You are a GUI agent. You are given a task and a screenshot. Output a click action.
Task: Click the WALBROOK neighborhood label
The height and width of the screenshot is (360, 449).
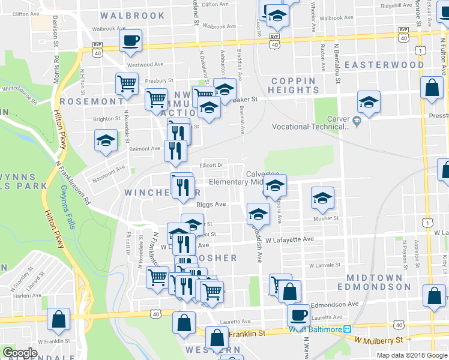click(x=133, y=15)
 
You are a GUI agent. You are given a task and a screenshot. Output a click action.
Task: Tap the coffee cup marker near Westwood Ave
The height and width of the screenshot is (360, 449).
click(x=130, y=41)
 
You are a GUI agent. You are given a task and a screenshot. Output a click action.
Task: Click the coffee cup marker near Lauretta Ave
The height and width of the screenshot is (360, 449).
click(x=298, y=315)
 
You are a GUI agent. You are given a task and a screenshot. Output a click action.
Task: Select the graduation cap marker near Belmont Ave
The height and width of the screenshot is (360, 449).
click(x=106, y=141)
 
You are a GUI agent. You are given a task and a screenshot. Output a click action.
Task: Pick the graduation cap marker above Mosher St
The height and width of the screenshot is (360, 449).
click(x=322, y=198)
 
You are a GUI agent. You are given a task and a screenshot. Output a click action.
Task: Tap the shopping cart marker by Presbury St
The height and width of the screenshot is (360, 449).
click(x=127, y=84)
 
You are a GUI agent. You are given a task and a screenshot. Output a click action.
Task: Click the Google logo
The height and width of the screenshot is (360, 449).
click(x=20, y=352)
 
